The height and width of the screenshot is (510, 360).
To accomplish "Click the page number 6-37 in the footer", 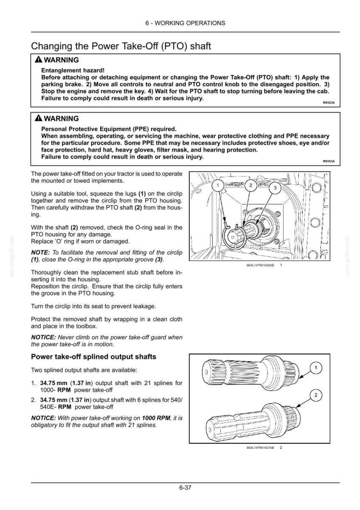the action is pyautogui.click(x=185, y=488).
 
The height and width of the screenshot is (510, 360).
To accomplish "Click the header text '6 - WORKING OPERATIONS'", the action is pyautogui.click(x=185, y=23).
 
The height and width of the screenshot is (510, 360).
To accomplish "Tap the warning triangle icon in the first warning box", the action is pyautogui.click(x=39, y=60).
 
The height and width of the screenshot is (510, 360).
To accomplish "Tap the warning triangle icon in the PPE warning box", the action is pyautogui.click(x=39, y=118).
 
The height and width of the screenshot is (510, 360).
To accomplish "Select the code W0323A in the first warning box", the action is pyautogui.click(x=328, y=103).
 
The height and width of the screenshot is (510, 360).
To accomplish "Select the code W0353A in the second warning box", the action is pyautogui.click(x=328, y=162).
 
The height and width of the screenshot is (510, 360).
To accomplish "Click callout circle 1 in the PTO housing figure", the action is pyautogui.click(x=218, y=186).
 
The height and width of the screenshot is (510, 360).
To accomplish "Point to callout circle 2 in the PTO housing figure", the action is pyautogui.click(x=251, y=186).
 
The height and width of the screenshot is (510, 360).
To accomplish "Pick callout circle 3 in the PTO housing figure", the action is pyautogui.click(x=275, y=188).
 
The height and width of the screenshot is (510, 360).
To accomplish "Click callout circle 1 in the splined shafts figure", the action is pyautogui.click(x=316, y=368).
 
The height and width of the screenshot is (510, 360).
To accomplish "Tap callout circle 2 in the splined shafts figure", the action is pyautogui.click(x=316, y=395).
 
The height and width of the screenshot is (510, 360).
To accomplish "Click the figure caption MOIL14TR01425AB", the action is pyautogui.click(x=260, y=265).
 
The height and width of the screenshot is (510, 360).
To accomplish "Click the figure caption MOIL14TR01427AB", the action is pyautogui.click(x=260, y=447).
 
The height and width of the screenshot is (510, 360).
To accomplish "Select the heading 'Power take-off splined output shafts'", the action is pyautogui.click(x=93, y=357).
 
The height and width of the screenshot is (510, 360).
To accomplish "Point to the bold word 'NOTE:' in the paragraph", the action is pyautogui.click(x=40, y=252).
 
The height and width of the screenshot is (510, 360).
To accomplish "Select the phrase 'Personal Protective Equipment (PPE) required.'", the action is pyautogui.click(x=109, y=129).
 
